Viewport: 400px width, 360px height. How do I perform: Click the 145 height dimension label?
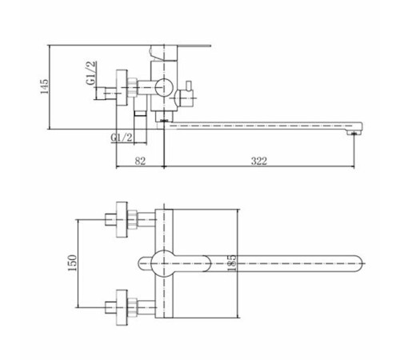[45, 86]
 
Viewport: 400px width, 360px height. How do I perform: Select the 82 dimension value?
[140, 161]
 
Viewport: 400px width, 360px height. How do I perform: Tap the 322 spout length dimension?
[258, 161]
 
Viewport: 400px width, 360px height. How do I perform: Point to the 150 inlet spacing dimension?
[72, 262]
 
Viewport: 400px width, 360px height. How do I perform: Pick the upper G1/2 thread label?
[91, 73]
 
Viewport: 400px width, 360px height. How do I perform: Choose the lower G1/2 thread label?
[122, 138]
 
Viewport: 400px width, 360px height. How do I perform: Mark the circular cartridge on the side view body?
[164, 87]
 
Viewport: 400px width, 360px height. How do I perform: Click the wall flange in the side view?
[122, 88]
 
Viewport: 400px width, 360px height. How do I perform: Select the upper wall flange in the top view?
[122, 219]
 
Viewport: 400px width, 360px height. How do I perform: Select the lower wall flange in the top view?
[122, 307]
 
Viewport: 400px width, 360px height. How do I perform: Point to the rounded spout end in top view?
[358, 263]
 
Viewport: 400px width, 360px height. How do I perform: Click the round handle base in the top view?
[164, 263]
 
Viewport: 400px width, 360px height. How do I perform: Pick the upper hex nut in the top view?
[132, 219]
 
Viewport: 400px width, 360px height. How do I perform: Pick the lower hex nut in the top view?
[132, 307]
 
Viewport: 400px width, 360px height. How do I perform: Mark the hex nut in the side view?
[132, 87]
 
